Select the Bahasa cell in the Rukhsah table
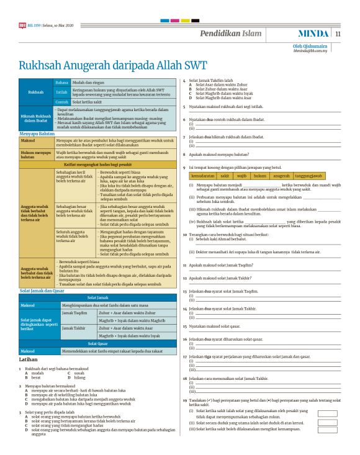click(x=61, y=82)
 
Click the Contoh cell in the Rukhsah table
click(x=61, y=101)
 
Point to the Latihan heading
click(x=30, y=359)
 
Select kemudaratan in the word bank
click(x=204, y=176)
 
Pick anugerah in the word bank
click(x=281, y=176)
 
